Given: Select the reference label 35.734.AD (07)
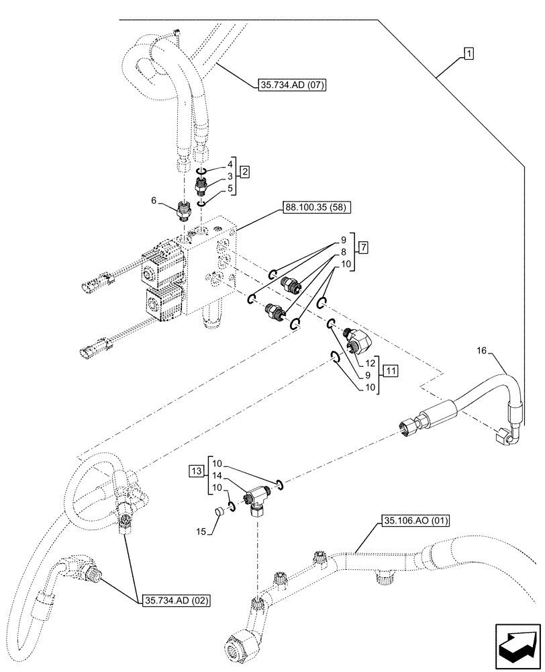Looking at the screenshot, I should (291, 85).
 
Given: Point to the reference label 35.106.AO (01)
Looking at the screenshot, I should (416, 521).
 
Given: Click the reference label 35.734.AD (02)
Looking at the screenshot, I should (176, 601).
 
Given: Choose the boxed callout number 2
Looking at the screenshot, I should (245, 173).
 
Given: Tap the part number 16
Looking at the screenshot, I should (481, 350).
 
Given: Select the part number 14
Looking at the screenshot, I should (216, 475).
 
